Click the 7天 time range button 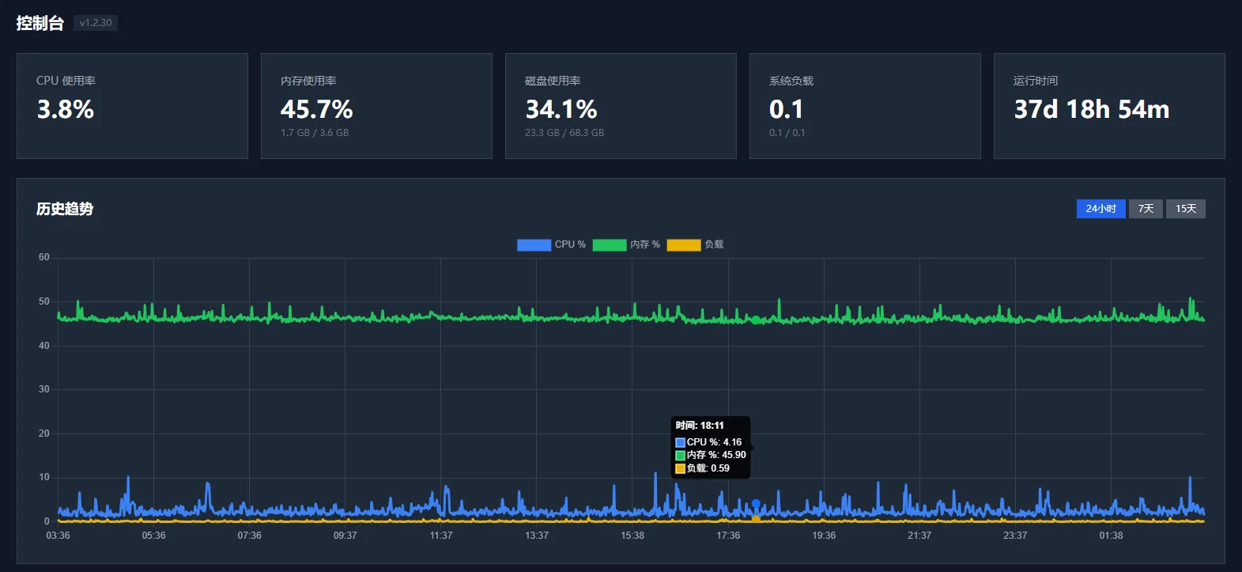pos(1146,209)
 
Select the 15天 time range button pos(1185,209)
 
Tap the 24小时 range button pos(1100,209)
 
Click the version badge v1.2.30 pos(96,23)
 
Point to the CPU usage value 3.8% pos(66,109)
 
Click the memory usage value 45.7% pos(316,109)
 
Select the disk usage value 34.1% pos(561,109)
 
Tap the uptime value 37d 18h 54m pos(1092,109)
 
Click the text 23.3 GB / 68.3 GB pos(564,133)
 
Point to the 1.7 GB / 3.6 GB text pos(315,133)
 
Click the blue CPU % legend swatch pos(534,244)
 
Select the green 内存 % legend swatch pos(610,244)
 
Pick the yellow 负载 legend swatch pos(684,244)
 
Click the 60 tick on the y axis pos(43,257)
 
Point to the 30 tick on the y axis pos(43,389)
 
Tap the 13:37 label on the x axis pos(536,536)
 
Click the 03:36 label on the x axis pos(58,536)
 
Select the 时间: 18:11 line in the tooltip pos(700,426)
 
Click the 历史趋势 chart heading pos(65,209)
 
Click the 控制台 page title pos(40,23)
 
